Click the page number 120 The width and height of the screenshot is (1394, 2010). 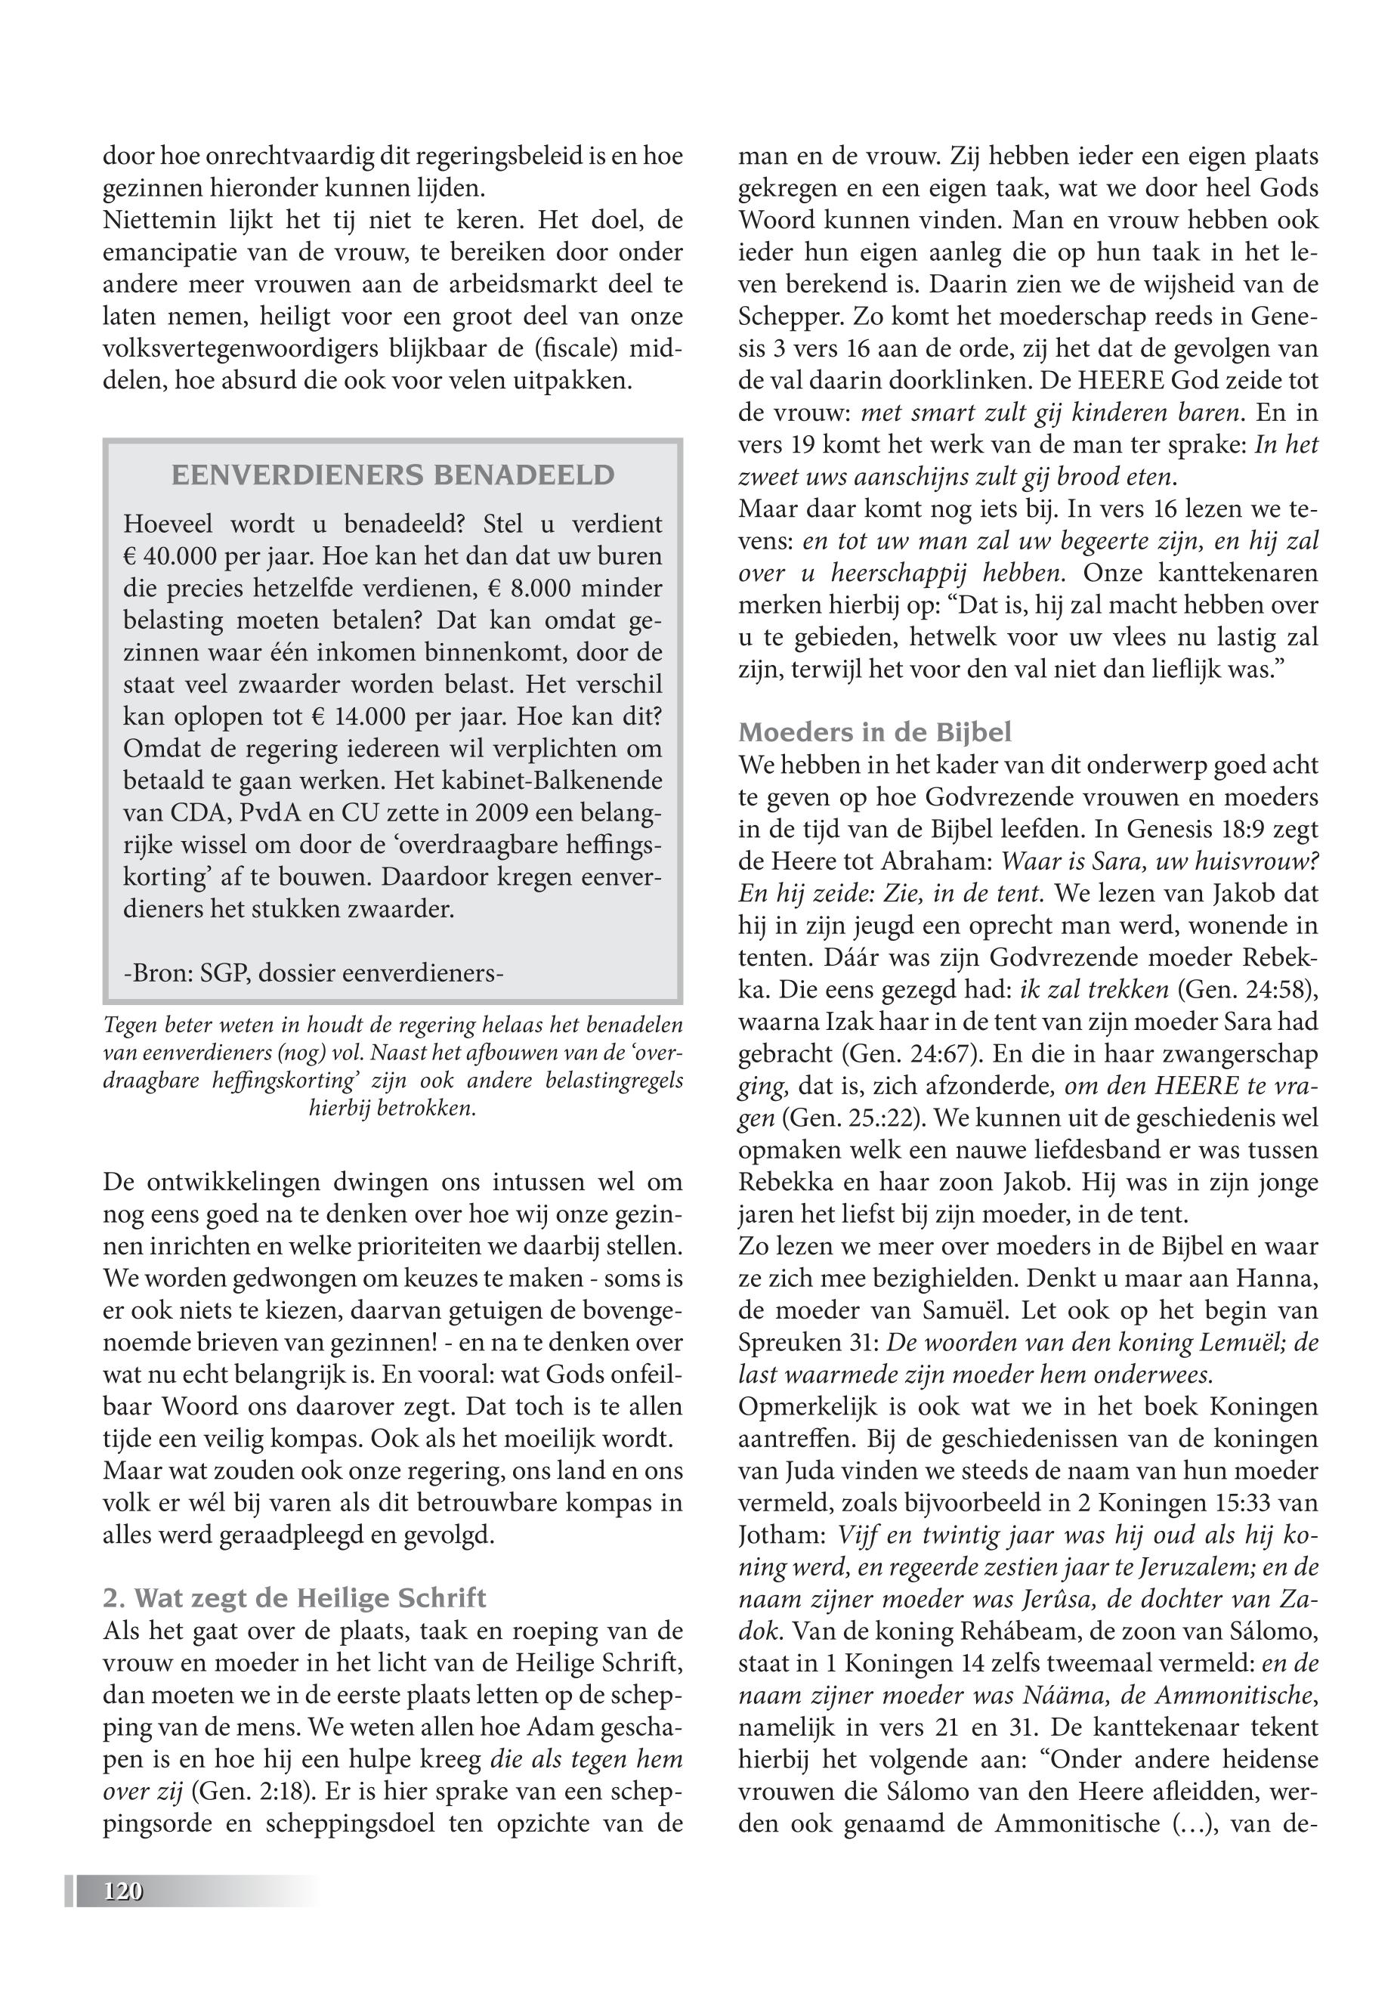pyautogui.click(x=122, y=1891)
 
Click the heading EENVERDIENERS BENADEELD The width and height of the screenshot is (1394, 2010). pyautogui.click(x=393, y=475)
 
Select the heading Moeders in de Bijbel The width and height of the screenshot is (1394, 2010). pyautogui.click(x=875, y=732)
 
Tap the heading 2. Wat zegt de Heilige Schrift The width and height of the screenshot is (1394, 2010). pyautogui.click(x=295, y=1597)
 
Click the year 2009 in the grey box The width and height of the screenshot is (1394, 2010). pyautogui.click(x=503, y=812)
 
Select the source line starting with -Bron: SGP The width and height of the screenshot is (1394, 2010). pyautogui.click(x=314, y=973)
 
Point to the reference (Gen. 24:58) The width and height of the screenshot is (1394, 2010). pyautogui.click(x=1247, y=990)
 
